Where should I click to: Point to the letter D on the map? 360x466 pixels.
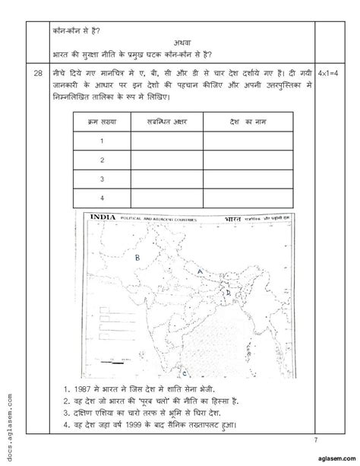[x=226, y=289]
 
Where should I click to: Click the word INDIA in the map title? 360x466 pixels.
[x=103, y=217]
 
